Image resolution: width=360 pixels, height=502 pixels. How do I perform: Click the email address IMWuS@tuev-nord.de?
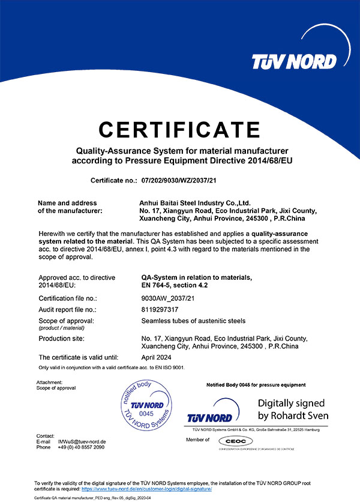81,441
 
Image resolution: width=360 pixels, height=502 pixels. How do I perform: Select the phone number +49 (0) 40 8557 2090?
81,447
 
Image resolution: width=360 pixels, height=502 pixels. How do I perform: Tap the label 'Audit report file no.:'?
67,310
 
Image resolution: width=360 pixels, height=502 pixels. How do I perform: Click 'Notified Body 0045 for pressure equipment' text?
255,385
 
